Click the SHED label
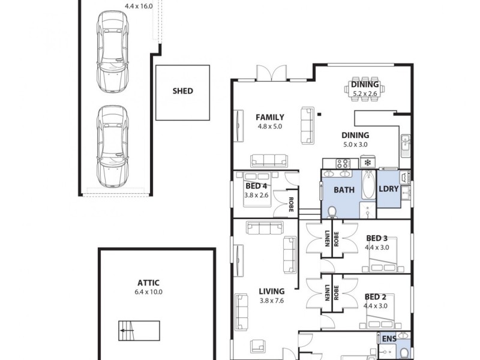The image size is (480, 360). coord(182,91)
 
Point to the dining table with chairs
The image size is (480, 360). coord(365,89)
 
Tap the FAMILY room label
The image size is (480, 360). coord(269,117)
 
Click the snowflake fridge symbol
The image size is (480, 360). coord(366,162)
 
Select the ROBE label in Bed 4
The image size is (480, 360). coord(290,204)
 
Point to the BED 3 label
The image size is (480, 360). coord(376,238)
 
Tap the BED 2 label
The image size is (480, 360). coord(375,296)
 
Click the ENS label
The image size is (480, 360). coord(389,339)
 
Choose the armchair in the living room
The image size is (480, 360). coord(259,346)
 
